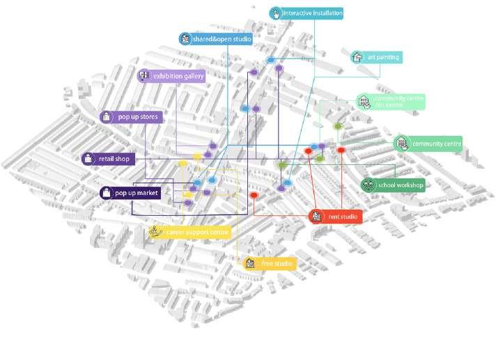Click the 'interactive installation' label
click(x=312, y=13)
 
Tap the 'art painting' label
click(x=382, y=57)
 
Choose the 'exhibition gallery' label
click(x=178, y=76)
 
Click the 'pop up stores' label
click(x=138, y=117)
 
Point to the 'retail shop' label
click(x=114, y=159)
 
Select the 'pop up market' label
click(x=137, y=193)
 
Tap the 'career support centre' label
click(x=197, y=232)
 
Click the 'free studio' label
click(x=277, y=264)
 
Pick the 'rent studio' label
click(x=342, y=217)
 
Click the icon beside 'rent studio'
click(x=317, y=217)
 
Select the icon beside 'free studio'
click(x=251, y=264)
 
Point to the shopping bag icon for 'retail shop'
click(x=88, y=159)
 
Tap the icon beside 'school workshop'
click(x=367, y=185)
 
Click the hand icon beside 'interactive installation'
click(x=275, y=13)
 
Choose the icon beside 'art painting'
click(x=357, y=57)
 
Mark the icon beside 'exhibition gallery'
click(x=144, y=76)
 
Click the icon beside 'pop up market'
click(x=107, y=193)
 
